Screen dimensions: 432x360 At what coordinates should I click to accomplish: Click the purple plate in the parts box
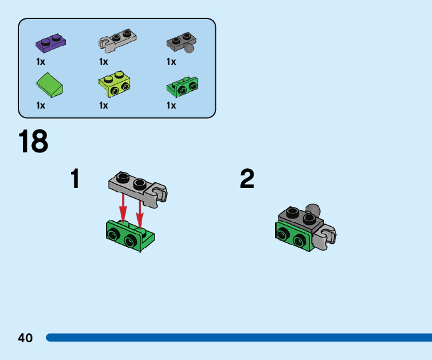(51, 43)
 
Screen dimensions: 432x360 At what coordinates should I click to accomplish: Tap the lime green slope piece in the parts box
(50, 84)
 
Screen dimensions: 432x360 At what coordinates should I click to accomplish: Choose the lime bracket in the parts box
(114, 84)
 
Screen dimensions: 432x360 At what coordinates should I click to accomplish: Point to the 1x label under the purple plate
(41, 62)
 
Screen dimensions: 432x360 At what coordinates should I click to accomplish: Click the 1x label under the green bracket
(172, 105)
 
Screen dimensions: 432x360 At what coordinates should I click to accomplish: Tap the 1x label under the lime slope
(41, 105)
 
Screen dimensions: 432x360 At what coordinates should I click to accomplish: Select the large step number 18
(33, 142)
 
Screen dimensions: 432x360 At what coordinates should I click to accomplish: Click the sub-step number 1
(76, 179)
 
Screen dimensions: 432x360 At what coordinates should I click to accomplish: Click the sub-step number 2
(247, 179)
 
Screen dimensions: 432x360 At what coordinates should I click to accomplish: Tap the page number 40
(25, 338)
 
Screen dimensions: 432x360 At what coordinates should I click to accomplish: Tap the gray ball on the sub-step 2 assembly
(312, 209)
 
